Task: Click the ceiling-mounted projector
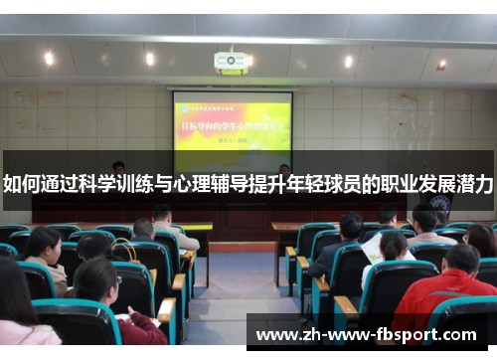click(x=231, y=63)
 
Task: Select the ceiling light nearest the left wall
click(x=49, y=59)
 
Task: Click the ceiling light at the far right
click(x=441, y=65)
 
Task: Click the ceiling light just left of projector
click(x=150, y=60)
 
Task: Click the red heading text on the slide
click(x=232, y=126)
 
